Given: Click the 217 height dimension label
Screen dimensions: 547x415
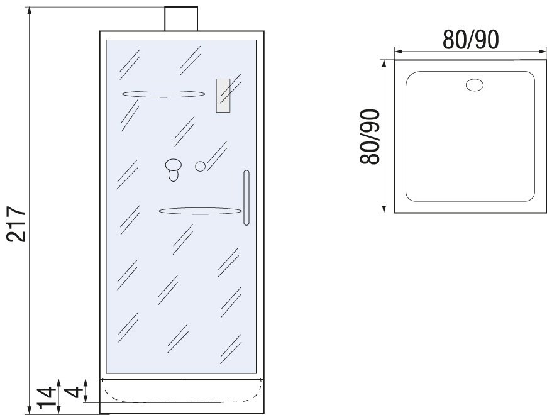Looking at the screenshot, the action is (x=16, y=224).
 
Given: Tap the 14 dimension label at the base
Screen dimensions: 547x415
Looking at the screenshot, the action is (x=47, y=397).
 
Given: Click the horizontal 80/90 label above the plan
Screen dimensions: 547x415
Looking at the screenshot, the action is (x=470, y=40).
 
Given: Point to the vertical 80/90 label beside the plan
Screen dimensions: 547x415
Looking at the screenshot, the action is (x=370, y=136).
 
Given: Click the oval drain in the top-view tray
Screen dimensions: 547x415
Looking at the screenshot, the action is (x=475, y=85).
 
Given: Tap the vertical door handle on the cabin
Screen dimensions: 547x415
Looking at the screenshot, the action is (x=246, y=197).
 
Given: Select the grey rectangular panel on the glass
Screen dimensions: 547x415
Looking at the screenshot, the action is (x=223, y=96).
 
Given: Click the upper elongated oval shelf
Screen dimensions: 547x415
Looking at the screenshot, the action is (x=163, y=94).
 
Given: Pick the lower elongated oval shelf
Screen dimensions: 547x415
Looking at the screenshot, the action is (x=200, y=211).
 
